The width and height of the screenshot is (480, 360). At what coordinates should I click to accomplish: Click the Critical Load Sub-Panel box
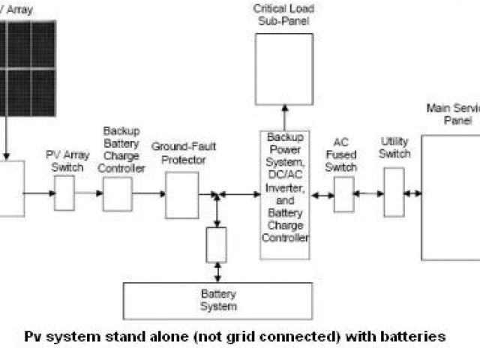pos(283,68)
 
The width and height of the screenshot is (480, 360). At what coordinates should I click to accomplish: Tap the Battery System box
pos(218,299)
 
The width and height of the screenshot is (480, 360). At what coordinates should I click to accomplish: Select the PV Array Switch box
pos(64,193)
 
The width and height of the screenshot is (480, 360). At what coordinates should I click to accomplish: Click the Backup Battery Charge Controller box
pos(118,193)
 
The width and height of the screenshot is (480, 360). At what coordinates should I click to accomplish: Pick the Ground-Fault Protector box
pos(181,195)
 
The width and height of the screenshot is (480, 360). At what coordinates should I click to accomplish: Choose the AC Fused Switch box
pos(343,194)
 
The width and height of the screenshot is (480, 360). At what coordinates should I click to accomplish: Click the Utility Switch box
pos(394,192)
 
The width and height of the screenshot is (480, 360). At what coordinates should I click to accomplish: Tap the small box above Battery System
pos(216,245)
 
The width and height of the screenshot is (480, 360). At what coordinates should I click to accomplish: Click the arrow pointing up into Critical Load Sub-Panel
pos(284,118)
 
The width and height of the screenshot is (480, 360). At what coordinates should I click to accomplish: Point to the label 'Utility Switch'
pos(394,148)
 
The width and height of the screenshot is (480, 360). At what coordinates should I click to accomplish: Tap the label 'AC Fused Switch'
pos(342,155)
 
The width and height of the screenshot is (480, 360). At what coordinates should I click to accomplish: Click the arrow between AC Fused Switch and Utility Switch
pos(368,193)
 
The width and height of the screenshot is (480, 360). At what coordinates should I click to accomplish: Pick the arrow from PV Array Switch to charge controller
pos(89,193)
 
